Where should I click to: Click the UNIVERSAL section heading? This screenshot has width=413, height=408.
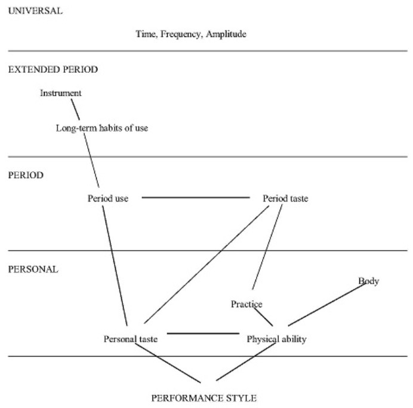pos(35,11)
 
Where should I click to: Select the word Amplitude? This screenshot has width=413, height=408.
pos(226,35)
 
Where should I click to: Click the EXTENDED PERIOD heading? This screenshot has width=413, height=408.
pos(53,69)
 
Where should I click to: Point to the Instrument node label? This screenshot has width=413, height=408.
pos(61,93)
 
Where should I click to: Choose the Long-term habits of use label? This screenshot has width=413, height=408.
pos(102,128)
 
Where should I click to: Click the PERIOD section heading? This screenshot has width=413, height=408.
pos(26,175)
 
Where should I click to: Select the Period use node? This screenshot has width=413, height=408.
pos(108,199)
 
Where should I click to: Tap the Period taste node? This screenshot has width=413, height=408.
pos(285,199)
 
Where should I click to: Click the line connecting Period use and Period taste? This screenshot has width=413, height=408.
pos(195,197)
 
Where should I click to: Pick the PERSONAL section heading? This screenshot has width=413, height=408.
pos(33,269)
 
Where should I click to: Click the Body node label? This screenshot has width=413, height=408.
pos(368,281)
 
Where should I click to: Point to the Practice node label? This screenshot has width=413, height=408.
pos(246,304)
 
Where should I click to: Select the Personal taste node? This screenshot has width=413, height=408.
pos(131,339)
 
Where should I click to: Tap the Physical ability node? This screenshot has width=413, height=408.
pos(276,339)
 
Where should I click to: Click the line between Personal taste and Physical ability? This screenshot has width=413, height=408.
pos(203,333)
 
